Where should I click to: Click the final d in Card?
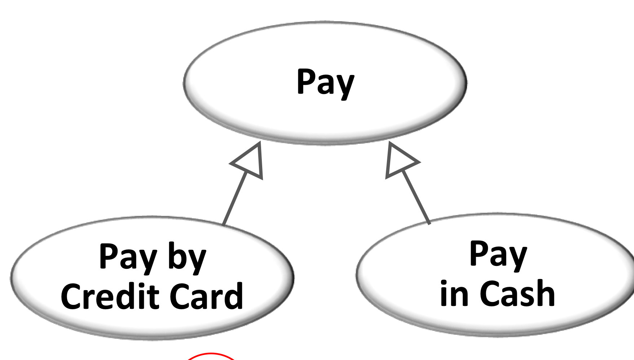point(234,295)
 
